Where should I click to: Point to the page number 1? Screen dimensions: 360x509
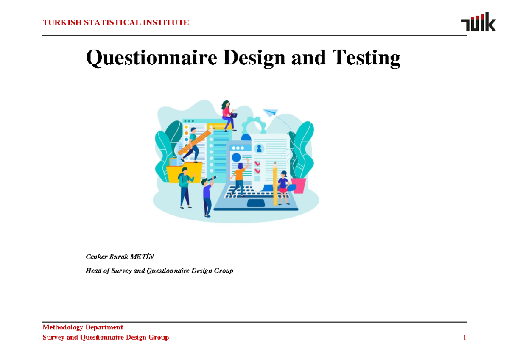tap(464, 338)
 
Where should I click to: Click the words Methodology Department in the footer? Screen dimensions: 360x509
tap(83, 327)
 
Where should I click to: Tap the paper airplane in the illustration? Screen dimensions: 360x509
tap(270, 112)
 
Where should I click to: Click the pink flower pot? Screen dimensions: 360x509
tap(298, 185)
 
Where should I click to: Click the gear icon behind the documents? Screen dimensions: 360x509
tap(254, 126)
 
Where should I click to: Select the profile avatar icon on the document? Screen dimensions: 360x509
tap(259, 149)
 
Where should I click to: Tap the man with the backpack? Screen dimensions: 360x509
tap(185, 187)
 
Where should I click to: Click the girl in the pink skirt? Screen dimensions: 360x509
tap(283, 187)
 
